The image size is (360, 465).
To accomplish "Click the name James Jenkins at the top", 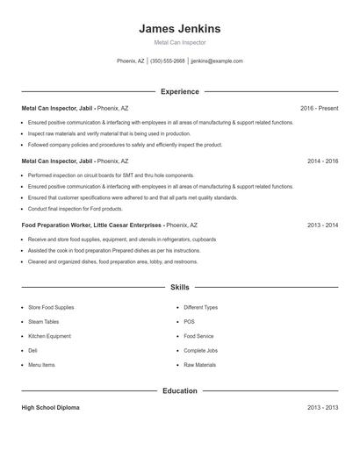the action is (x=179, y=29).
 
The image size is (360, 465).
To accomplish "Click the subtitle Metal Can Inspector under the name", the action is (x=179, y=42).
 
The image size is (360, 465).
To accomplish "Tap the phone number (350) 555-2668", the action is (x=168, y=61).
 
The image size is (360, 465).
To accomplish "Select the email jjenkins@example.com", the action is (x=217, y=61).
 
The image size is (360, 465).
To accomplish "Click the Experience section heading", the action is (x=179, y=91).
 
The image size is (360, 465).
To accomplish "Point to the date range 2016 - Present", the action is (x=319, y=108).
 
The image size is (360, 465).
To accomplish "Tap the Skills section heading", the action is (x=179, y=287).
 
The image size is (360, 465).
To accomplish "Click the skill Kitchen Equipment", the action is (x=49, y=336).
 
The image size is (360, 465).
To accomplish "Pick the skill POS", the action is (x=190, y=322).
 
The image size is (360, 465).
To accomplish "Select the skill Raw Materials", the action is (x=199, y=364).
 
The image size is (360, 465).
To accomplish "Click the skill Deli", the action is (x=34, y=350).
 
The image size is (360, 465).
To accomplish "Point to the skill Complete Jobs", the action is (x=201, y=350).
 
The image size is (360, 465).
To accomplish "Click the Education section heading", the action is (x=179, y=390).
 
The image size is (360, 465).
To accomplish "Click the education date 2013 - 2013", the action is (x=323, y=408).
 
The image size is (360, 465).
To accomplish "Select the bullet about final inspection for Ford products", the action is (x=75, y=209).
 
